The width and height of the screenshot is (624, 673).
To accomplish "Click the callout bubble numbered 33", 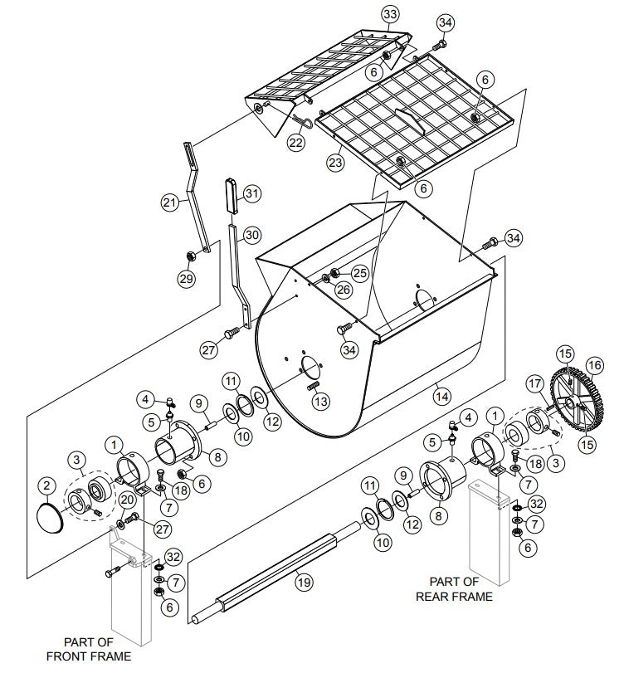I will pyautogui.click(x=390, y=13).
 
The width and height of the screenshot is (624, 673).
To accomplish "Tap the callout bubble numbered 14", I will pyautogui.click(x=440, y=397).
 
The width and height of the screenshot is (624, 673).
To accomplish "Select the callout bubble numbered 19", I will pyautogui.click(x=304, y=583).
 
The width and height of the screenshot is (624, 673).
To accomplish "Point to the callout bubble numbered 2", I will pyautogui.click(x=47, y=485).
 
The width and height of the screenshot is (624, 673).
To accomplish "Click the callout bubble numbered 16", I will pyautogui.click(x=594, y=364).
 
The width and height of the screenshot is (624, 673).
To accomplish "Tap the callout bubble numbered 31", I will pyautogui.click(x=253, y=193).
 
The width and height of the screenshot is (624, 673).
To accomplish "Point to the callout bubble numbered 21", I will pyautogui.click(x=170, y=202).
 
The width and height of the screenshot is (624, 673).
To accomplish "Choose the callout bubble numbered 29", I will pyautogui.click(x=186, y=279).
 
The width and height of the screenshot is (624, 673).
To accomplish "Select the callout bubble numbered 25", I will pyautogui.click(x=359, y=272).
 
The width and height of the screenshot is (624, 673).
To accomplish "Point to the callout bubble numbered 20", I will pyautogui.click(x=126, y=500).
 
